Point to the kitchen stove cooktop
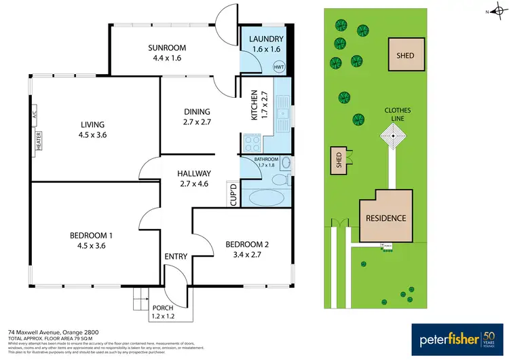click(x=252, y=143)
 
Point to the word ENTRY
click(x=176, y=256)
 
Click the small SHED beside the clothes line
click(x=339, y=160)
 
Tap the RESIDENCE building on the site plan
click(x=386, y=218)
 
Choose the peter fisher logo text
click(x=445, y=338)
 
